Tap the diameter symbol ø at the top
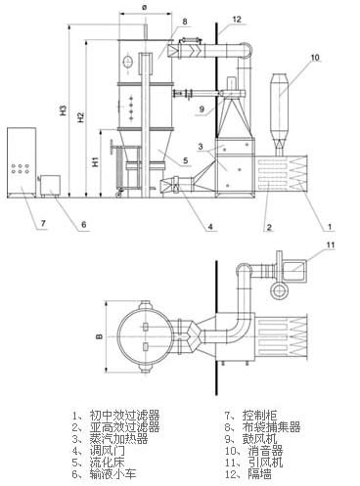point(145,8)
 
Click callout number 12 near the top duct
point(238,19)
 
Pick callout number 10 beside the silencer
point(314,59)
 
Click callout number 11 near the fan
point(330,244)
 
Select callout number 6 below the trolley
point(83,225)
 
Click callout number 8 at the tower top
point(184,21)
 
